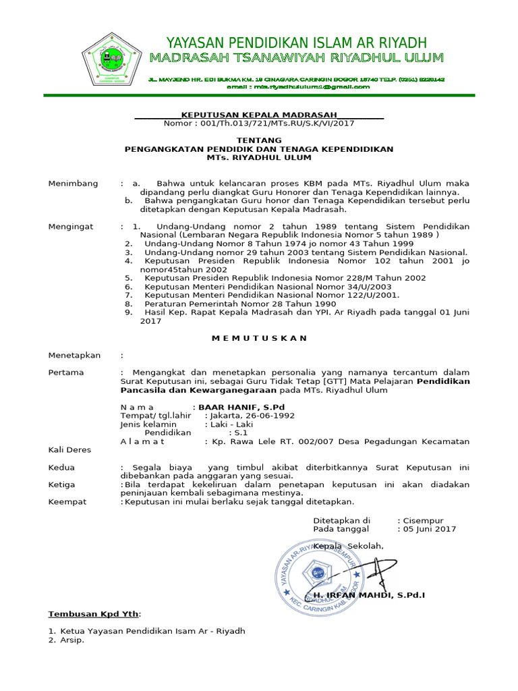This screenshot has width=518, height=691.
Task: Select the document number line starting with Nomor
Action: tap(259, 123)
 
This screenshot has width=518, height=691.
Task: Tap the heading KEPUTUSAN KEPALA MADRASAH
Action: tap(259, 115)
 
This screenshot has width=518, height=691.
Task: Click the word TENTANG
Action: tap(259, 140)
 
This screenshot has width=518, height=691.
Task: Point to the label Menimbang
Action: tap(73, 184)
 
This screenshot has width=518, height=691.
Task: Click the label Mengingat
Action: tap(71, 227)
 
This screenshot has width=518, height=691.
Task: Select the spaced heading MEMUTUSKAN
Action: tap(259, 338)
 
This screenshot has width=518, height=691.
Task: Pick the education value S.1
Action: tap(241, 433)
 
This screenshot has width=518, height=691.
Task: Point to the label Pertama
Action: tap(66, 372)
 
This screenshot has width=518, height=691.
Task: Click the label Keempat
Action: tap(67, 501)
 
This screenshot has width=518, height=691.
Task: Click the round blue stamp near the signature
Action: tap(319, 565)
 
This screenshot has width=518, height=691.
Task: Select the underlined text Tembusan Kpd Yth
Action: tap(94, 614)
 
